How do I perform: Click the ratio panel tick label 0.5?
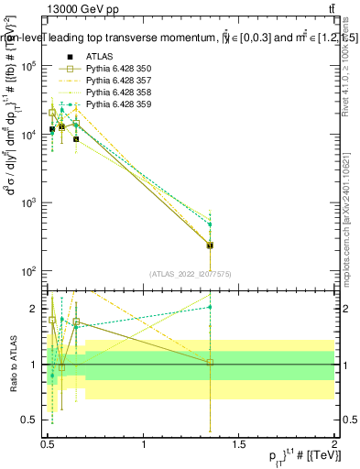(29, 420)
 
